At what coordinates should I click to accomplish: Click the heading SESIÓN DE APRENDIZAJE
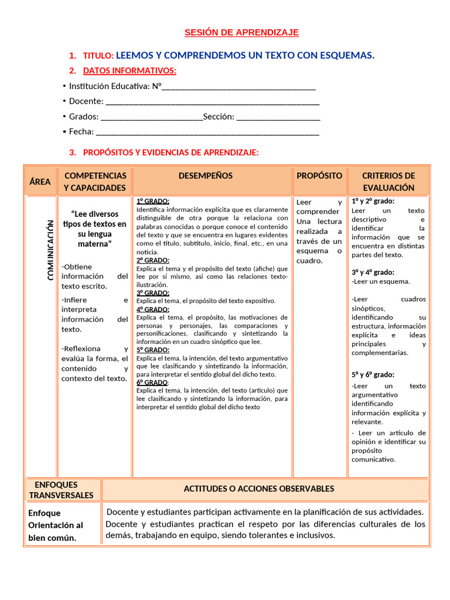coord(241,32)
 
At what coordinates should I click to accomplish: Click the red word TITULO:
coord(98,56)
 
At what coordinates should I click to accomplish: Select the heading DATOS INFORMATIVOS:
coord(129,71)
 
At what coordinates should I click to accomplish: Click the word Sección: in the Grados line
coord(219,117)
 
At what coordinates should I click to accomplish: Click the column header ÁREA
coord(40,182)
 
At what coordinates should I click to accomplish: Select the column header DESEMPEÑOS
coord(205,176)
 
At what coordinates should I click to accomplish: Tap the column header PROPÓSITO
coord(319,176)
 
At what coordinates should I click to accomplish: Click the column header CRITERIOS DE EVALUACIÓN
coord(388,182)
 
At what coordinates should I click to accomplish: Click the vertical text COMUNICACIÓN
coord(51,250)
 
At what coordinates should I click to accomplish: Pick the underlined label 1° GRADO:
coord(153,201)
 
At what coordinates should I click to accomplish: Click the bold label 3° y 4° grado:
coord(373,272)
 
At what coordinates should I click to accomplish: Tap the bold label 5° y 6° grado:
coord(373,374)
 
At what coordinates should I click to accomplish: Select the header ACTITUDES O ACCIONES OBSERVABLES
coord(259,489)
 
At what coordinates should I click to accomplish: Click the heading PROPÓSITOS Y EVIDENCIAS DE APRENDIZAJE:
coord(171,152)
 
